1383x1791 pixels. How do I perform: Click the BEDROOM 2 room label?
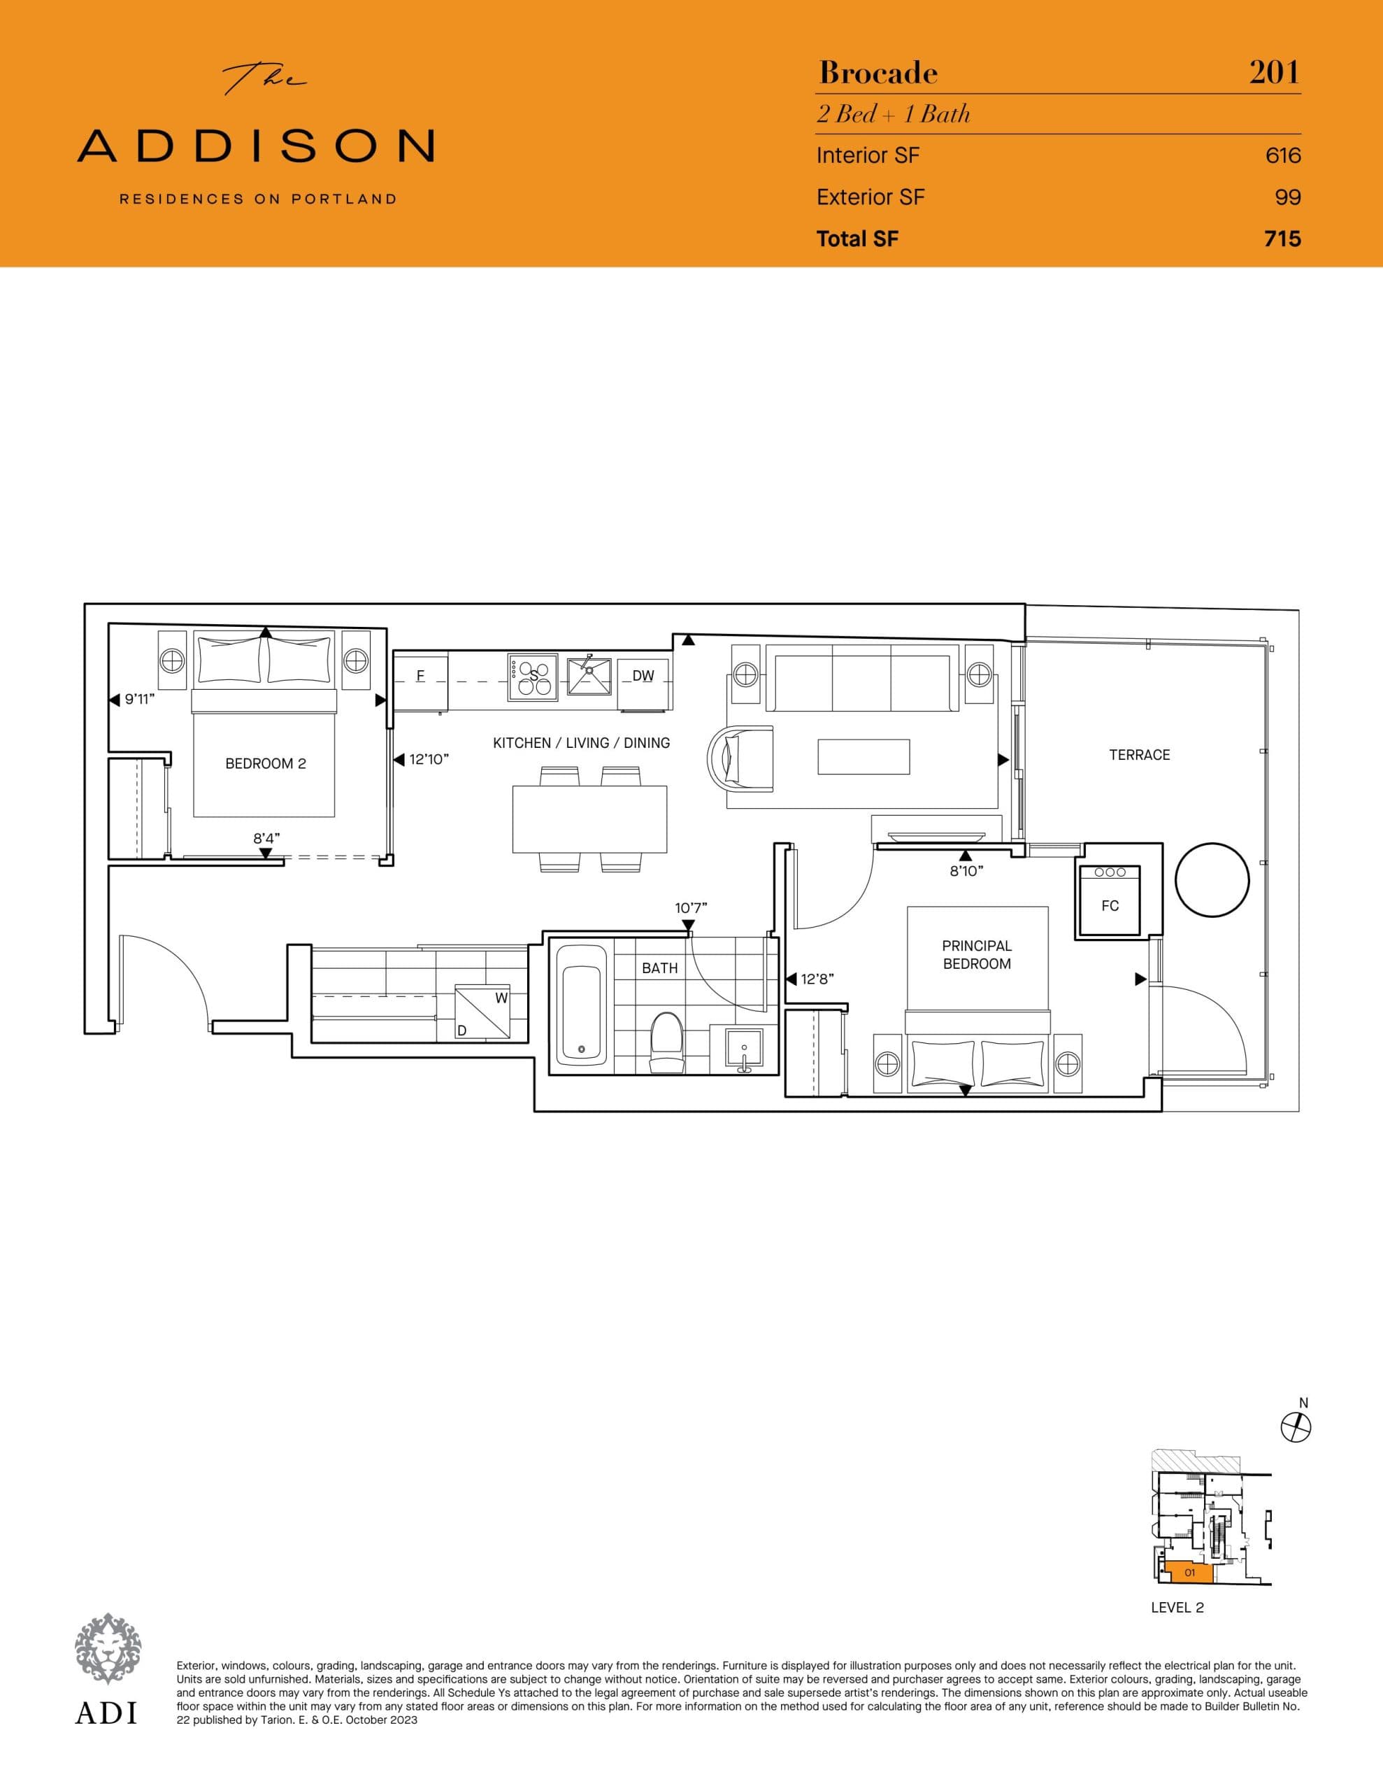[x=266, y=763]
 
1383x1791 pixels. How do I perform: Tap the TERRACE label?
[x=1140, y=754]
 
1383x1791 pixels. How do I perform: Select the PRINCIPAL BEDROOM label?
[x=976, y=954]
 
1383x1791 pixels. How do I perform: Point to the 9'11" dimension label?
[x=139, y=700]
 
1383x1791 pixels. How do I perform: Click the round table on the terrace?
[x=1212, y=880]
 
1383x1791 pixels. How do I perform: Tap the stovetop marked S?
[x=533, y=677]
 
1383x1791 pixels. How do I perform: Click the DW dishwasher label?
[x=643, y=677]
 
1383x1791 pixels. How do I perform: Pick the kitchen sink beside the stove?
[x=589, y=675]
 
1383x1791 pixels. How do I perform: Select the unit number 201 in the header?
[x=1274, y=73]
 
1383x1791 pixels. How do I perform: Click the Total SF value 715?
[x=1282, y=239]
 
